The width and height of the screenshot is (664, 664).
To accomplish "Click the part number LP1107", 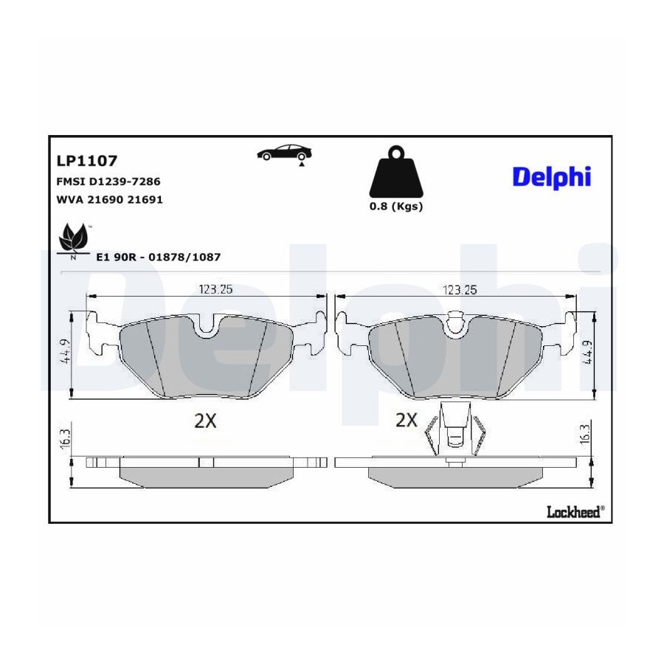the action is (87, 161).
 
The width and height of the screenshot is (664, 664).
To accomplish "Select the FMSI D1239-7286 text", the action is (108, 181).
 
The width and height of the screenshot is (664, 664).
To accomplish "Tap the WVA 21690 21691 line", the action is (110, 199).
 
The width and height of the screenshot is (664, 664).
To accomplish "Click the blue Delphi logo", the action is (551, 177).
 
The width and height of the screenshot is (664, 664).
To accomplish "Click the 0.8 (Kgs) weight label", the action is (396, 207).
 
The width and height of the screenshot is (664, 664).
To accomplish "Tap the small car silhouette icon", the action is (285, 153).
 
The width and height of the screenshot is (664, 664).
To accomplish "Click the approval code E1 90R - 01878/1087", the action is (159, 257).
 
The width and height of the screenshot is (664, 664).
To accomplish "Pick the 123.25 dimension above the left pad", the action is (216, 289).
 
